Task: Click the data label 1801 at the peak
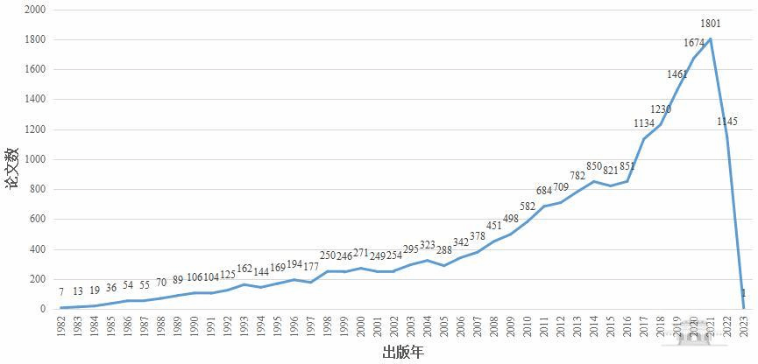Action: [711, 23]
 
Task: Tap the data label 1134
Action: [644, 123]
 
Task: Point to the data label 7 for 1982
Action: [61, 291]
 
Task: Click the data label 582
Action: [528, 206]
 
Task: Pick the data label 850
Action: [594, 166]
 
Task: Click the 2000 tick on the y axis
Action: [35, 10]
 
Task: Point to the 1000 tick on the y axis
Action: [35, 159]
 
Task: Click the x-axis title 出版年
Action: [403, 353]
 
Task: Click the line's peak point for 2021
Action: [710, 38]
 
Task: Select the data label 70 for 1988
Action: [161, 283]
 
